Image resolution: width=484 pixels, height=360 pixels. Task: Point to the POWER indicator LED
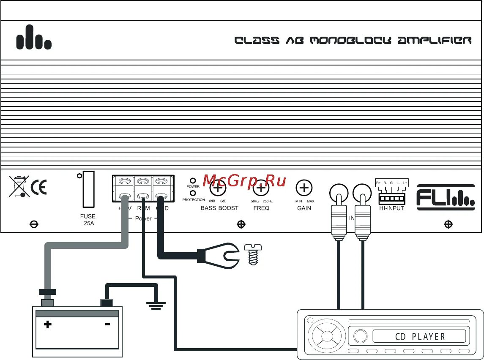click(193, 180)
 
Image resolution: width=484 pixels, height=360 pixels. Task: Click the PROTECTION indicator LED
click(193, 193)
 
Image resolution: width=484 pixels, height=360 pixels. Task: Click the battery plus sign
click(48, 325)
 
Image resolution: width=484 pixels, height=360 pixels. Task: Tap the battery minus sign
click(107, 325)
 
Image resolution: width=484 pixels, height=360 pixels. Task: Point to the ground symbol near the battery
click(156, 303)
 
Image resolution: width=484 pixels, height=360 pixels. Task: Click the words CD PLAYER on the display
click(420, 337)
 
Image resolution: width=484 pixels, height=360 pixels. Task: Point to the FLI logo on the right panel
click(446, 197)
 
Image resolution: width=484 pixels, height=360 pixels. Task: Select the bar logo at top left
click(34, 38)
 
